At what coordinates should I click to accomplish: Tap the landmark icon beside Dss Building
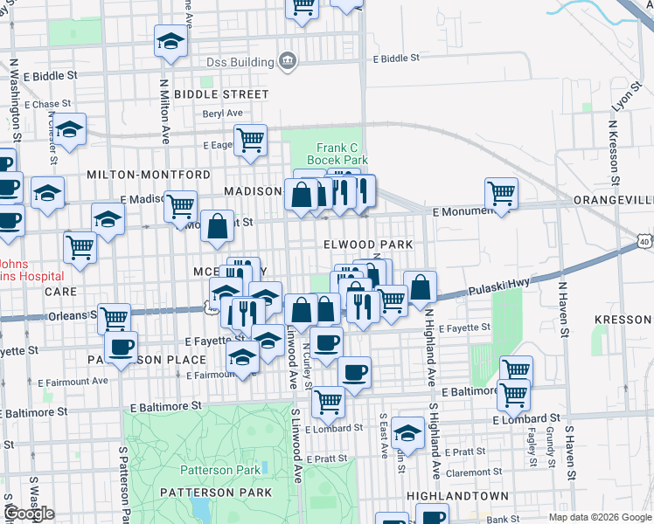[x=286, y=60]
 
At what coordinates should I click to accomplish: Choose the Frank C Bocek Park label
[x=342, y=155]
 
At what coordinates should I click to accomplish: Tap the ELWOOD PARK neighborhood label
[x=366, y=245]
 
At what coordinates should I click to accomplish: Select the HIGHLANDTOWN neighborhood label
[x=457, y=495]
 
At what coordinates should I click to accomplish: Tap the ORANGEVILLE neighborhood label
[x=613, y=200]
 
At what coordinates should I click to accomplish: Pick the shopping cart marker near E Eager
[x=250, y=139]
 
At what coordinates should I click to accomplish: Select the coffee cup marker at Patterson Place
[x=121, y=346]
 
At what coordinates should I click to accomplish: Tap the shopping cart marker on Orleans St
[x=114, y=318]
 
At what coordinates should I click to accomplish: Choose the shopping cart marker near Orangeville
[x=501, y=192]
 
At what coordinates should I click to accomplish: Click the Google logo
[x=28, y=514]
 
